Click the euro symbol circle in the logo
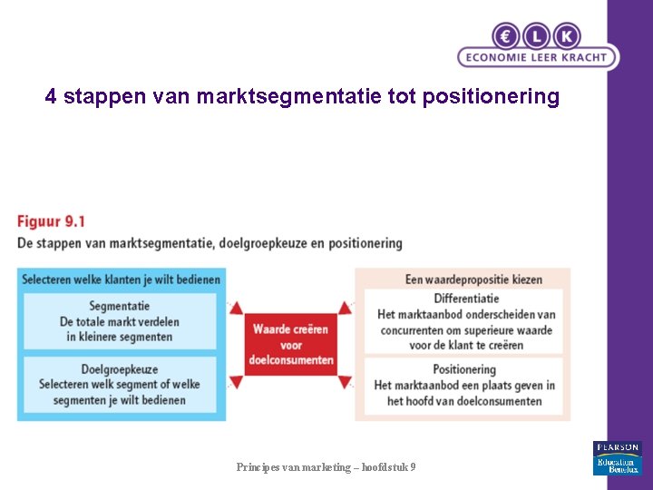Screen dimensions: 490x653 pyautogui.click(x=506, y=36)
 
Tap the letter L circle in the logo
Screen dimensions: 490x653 pyautogui.click(x=536, y=36)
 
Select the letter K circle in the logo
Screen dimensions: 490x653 pyautogui.click(x=567, y=36)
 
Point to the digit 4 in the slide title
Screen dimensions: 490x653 pyautogui.click(x=51, y=96)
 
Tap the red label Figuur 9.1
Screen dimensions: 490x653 pyautogui.click(x=52, y=221)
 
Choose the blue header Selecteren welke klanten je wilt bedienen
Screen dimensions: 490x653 pyautogui.click(x=121, y=279)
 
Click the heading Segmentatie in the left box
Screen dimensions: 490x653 pyautogui.click(x=120, y=306)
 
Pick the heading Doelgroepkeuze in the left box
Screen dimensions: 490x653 pyautogui.click(x=120, y=369)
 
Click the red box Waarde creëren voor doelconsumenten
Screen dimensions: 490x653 pyautogui.click(x=291, y=345)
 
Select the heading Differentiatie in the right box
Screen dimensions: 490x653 pyautogui.click(x=466, y=298)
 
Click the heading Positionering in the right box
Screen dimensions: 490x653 pyautogui.click(x=464, y=369)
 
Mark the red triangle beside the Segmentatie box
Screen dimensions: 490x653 pyautogui.click(x=236, y=308)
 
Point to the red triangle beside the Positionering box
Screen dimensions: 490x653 pyautogui.click(x=345, y=383)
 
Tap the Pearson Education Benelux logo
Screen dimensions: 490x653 pyautogui.click(x=618, y=458)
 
